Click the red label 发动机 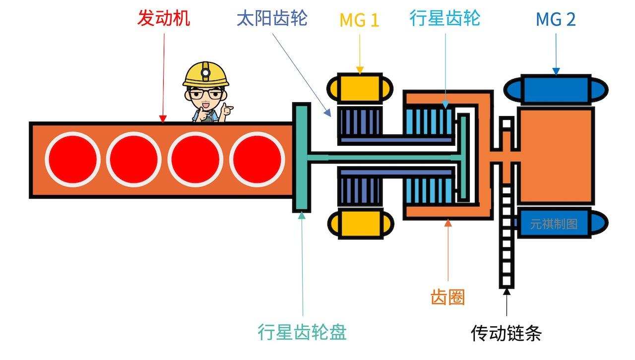tap(164, 19)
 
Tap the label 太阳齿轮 tap(272, 19)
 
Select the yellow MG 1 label tap(359, 20)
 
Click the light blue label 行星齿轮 tap(445, 19)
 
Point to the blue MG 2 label tap(556, 20)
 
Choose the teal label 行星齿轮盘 tap(302, 331)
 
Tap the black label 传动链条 tap(506, 333)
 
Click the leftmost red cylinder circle tap(72, 159)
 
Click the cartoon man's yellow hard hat tap(206, 74)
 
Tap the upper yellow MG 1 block tap(360, 88)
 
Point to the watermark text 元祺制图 tap(554, 224)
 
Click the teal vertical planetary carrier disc tap(301, 158)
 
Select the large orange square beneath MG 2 tap(556, 156)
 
